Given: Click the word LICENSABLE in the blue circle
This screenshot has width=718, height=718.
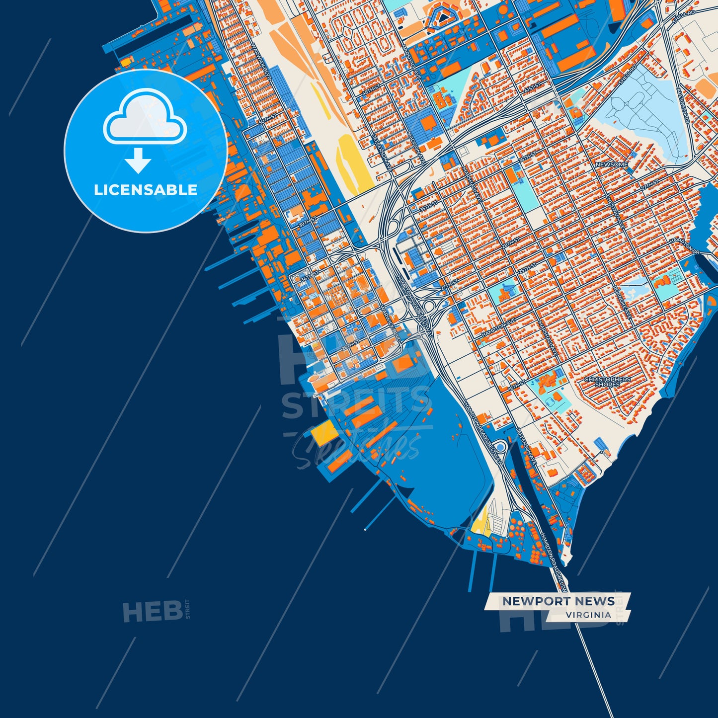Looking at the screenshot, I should coord(146,190).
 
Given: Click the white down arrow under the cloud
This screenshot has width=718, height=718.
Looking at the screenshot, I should coord(138,160).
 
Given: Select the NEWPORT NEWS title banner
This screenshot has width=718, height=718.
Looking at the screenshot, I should coord(558,601).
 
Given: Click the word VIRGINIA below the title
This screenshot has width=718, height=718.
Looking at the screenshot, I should coord(588,615).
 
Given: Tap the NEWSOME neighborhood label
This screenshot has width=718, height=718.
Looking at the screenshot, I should coord(611,164).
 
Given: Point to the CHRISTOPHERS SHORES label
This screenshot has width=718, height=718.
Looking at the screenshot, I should coord(607,382).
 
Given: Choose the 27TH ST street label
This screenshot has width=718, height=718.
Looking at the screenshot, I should coord(649,183).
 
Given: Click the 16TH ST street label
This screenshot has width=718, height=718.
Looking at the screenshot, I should coord(517,384).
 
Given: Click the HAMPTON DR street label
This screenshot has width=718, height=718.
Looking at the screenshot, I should coord(684,246).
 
